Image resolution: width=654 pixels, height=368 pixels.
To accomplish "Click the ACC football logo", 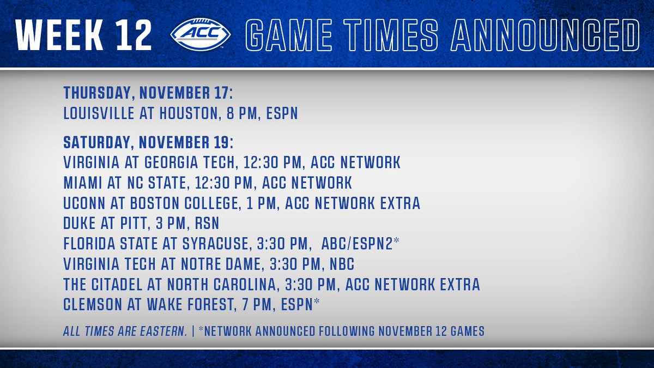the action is pyautogui.click(x=201, y=34).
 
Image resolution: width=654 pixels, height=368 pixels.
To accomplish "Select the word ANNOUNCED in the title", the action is pyautogui.click(x=545, y=35).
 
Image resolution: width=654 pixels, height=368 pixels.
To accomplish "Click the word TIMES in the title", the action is pyautogui.click(x=391, y=35).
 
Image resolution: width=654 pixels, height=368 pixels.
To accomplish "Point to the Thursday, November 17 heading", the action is pyautogui.click(x=148, y=93).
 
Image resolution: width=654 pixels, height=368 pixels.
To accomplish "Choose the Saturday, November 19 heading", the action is pyautogui.click(x=148, y=142).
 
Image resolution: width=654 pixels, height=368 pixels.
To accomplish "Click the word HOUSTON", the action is pyautogui.click(x=189, y=113).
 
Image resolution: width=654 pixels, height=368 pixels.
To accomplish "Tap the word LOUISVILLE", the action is pyautogui.click(x=99, y=113).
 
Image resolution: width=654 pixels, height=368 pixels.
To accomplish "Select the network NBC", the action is pyautogui.click(x=342, y=264).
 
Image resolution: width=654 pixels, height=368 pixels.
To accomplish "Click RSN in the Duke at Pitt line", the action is pyautogui.click(x=207, y=224).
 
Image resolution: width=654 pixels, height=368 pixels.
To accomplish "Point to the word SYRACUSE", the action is pyautogui.click(x=215, y=244).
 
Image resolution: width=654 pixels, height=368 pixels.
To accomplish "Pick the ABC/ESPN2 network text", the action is pyautogui.click(x=357, y=244).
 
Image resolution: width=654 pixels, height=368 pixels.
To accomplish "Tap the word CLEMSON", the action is pyautogui.click(x=92, y=305).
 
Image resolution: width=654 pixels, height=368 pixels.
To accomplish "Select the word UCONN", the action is pyautogui.click(x=84, y=203).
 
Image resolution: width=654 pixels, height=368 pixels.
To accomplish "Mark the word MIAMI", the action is pyautogui.click(x=82, y=183).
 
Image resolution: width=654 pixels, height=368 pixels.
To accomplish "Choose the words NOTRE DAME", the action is pyautogui.click(x=220, y=264).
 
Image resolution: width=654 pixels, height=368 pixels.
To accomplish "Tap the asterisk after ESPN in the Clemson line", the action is pyautogui.click(x=317, y=301).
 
